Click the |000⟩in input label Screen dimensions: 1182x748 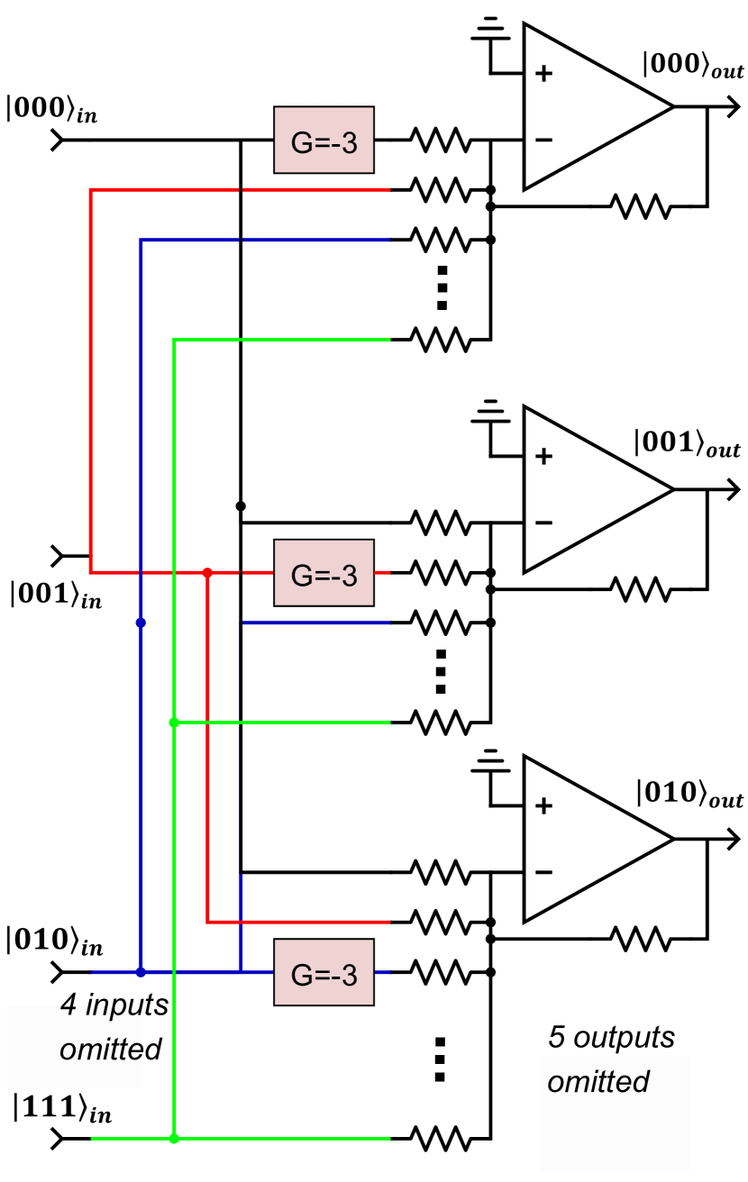(x=51, y=108)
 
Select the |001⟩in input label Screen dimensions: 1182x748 (x=56, y=595)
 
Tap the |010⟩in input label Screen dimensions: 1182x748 (x=55, y=941)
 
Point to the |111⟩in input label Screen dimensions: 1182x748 (x=62, y=1108)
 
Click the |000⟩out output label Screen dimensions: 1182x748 (x=693, y=65)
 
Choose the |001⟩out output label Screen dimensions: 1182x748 (x=688, y=443)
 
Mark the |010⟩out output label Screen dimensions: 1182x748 (x=689, y=794)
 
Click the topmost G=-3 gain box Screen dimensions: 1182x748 (x=324, y=141)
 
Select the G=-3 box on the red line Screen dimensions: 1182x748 (x=324, y=573)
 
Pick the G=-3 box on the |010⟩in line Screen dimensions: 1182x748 (x=324, y=973)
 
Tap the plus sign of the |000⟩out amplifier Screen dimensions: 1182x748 (x=543, y=74)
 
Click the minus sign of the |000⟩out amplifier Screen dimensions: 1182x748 (x=543, y=140)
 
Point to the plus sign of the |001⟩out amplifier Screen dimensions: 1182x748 (x=543, y=457)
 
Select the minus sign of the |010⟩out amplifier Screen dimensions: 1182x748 (x=543, y=872)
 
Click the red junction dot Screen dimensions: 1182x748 (x=207, y=573)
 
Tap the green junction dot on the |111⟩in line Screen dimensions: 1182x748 (x=174, y=1139)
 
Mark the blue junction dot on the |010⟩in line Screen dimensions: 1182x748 (x=141, y=972)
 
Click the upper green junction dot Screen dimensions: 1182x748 (x=174, y=723)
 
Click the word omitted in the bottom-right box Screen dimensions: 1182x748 (x=598, y=1082)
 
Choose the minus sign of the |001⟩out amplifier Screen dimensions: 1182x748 (x=543, y=523)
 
